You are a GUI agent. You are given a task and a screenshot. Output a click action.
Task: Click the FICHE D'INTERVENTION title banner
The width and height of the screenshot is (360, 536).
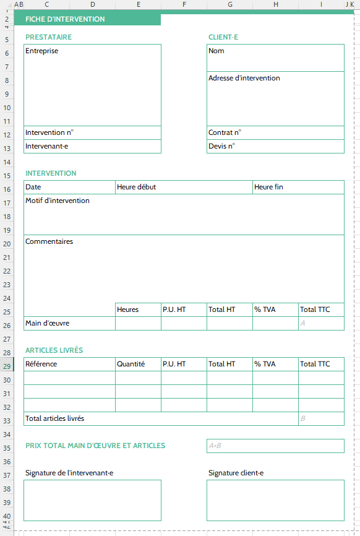click(65, 19)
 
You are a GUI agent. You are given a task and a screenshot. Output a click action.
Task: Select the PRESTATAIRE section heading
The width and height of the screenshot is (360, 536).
click(48, 37)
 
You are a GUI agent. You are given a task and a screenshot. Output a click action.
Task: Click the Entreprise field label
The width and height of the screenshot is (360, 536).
click(42, 51)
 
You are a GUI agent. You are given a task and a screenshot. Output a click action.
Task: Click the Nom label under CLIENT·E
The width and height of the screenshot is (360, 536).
click(216, 51)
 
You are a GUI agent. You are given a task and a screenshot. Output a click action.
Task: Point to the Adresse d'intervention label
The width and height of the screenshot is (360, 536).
click(244, 78)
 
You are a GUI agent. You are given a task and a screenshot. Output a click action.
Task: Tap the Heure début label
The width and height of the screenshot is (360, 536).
click(136, 187)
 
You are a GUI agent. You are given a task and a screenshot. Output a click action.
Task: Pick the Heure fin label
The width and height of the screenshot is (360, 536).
click(268, 187)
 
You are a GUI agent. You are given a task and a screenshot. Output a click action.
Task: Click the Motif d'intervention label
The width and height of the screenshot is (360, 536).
click(58, 201)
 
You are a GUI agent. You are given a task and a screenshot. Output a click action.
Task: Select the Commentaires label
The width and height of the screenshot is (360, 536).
click(49, 241)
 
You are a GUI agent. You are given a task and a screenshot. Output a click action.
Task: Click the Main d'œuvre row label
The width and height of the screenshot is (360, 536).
click(48, 323)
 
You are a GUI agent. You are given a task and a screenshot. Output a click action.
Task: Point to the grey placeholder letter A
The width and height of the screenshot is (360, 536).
click(303, 323)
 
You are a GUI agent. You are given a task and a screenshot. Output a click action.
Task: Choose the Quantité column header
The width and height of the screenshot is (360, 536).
click(131, 364)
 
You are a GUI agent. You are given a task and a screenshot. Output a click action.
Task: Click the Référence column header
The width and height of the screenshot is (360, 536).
click(41, 364)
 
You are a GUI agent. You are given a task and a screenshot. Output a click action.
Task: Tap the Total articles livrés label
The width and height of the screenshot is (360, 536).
click(55, 418)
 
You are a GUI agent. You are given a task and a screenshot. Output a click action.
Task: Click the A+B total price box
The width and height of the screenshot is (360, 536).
click(275, 446)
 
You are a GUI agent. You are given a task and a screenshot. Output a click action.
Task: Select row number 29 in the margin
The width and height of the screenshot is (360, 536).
click(7, 366)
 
